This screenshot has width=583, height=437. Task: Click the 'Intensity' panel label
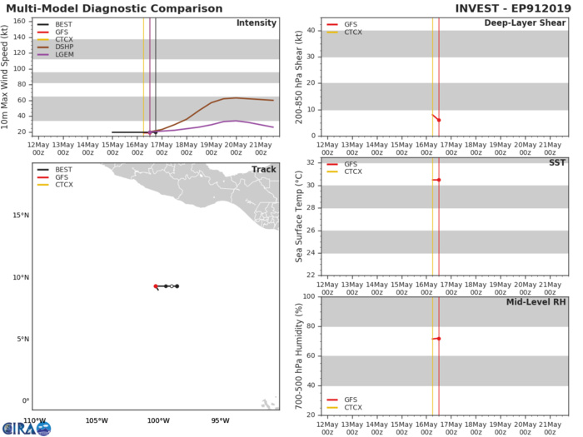tap(257, 22)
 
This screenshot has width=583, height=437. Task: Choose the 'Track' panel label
tap(263, 170)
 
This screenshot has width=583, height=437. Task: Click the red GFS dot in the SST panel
tap(439, 180)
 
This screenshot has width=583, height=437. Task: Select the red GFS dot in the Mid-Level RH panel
tap(439, 338)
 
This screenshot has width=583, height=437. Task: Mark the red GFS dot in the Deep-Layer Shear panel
tap(439, 120)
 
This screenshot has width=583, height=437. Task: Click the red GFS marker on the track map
tap(156, 286)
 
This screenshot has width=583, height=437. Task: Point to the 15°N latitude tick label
tap(19, 216)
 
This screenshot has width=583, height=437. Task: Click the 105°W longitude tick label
tap(97, 420)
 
